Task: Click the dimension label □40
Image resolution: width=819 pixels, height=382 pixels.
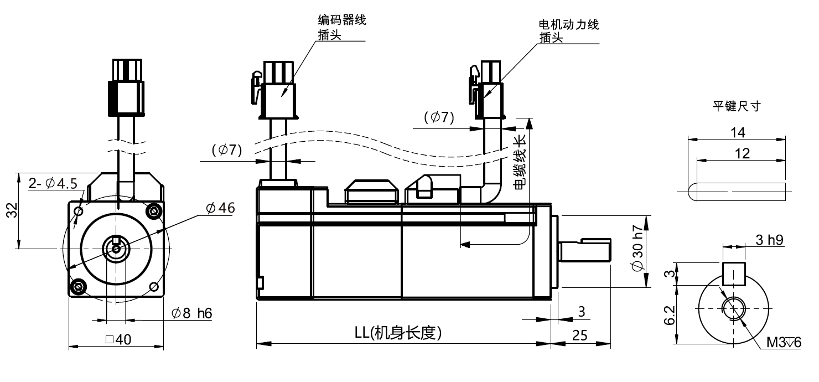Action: click(x=116, y=340)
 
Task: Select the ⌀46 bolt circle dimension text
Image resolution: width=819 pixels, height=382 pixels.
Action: click(x=220, y=208)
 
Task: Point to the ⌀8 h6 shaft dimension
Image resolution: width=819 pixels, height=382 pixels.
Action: click(x=191, y=313)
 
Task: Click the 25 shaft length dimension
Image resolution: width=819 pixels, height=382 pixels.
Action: click(x=580, y=334)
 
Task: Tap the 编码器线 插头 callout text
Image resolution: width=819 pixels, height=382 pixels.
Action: click(x=341, y=28)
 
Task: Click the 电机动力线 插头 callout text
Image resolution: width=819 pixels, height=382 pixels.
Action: click(x=568, y=31)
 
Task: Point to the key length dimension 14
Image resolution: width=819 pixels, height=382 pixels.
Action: click(x=738, y=132)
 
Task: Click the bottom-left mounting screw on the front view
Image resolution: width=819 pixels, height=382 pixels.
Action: click(x=78, y=286)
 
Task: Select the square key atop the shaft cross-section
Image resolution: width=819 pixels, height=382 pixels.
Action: click(x=733, y=273)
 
